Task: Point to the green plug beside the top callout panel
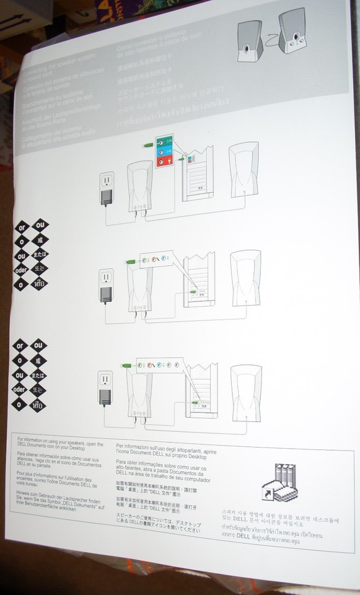point(148,146)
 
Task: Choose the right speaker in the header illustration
point(293,31)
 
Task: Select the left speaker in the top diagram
point(139,186)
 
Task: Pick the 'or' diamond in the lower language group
point(20,345)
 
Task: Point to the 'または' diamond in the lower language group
point(39,375)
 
